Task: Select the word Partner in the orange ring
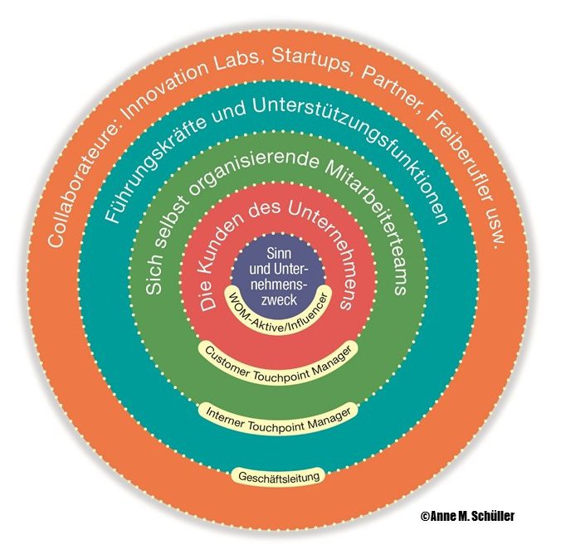point(391,90)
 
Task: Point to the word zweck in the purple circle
point(279,299)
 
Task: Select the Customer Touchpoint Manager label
point(278,367)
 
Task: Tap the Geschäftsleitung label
point(278,477)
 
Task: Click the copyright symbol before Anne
point(426,516)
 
